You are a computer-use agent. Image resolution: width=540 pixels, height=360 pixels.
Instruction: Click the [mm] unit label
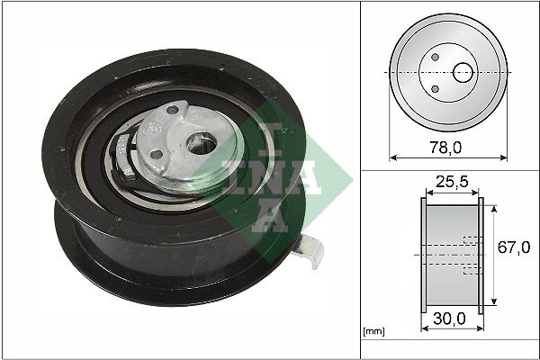tap(373, 332)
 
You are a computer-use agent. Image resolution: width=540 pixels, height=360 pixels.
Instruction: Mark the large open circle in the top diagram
tap(463, 71)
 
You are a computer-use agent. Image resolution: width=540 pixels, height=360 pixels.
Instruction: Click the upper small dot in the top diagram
tap(435, 57)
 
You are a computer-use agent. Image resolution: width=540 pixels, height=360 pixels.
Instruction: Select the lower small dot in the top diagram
tap(435, 87)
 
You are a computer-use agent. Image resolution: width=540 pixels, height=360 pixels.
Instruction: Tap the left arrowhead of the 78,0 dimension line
tap(393, 157)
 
